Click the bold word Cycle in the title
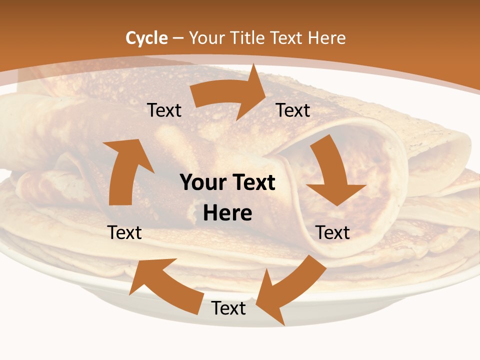(146, 38)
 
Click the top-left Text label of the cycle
(164, 110)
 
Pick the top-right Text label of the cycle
(293, 110)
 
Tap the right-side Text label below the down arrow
(333, 232)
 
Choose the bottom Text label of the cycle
(228, 308)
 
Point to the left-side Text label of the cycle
(125, 232)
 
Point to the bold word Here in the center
(227, 213)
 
